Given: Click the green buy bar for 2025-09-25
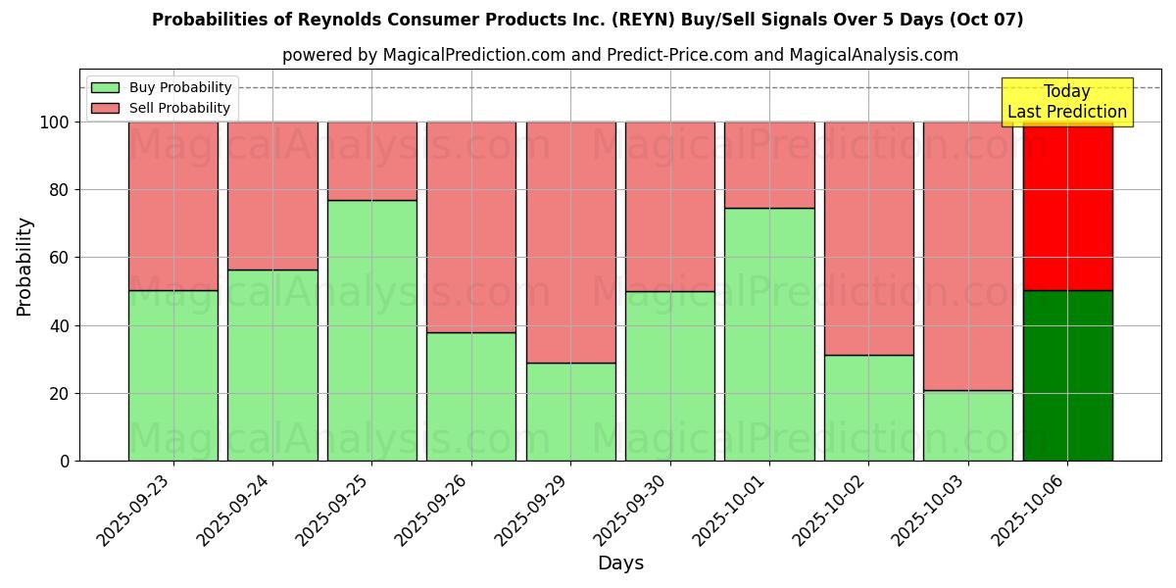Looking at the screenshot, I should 371,330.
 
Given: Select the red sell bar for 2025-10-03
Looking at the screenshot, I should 968,256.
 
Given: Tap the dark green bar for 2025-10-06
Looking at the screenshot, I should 1067,375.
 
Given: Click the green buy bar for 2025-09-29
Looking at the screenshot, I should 570,412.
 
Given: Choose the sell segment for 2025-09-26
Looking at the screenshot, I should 471,226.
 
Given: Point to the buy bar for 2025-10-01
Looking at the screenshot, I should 769,334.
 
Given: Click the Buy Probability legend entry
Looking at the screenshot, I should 161,88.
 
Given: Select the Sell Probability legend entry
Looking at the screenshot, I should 161,108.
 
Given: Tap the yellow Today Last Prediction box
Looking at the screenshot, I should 1067,102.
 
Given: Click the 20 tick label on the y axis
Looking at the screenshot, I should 60,394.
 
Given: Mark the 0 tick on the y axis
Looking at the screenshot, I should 65,462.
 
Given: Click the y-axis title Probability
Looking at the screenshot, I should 24,267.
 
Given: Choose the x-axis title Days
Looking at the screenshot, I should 620,563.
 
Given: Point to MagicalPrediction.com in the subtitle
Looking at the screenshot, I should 473,55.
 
